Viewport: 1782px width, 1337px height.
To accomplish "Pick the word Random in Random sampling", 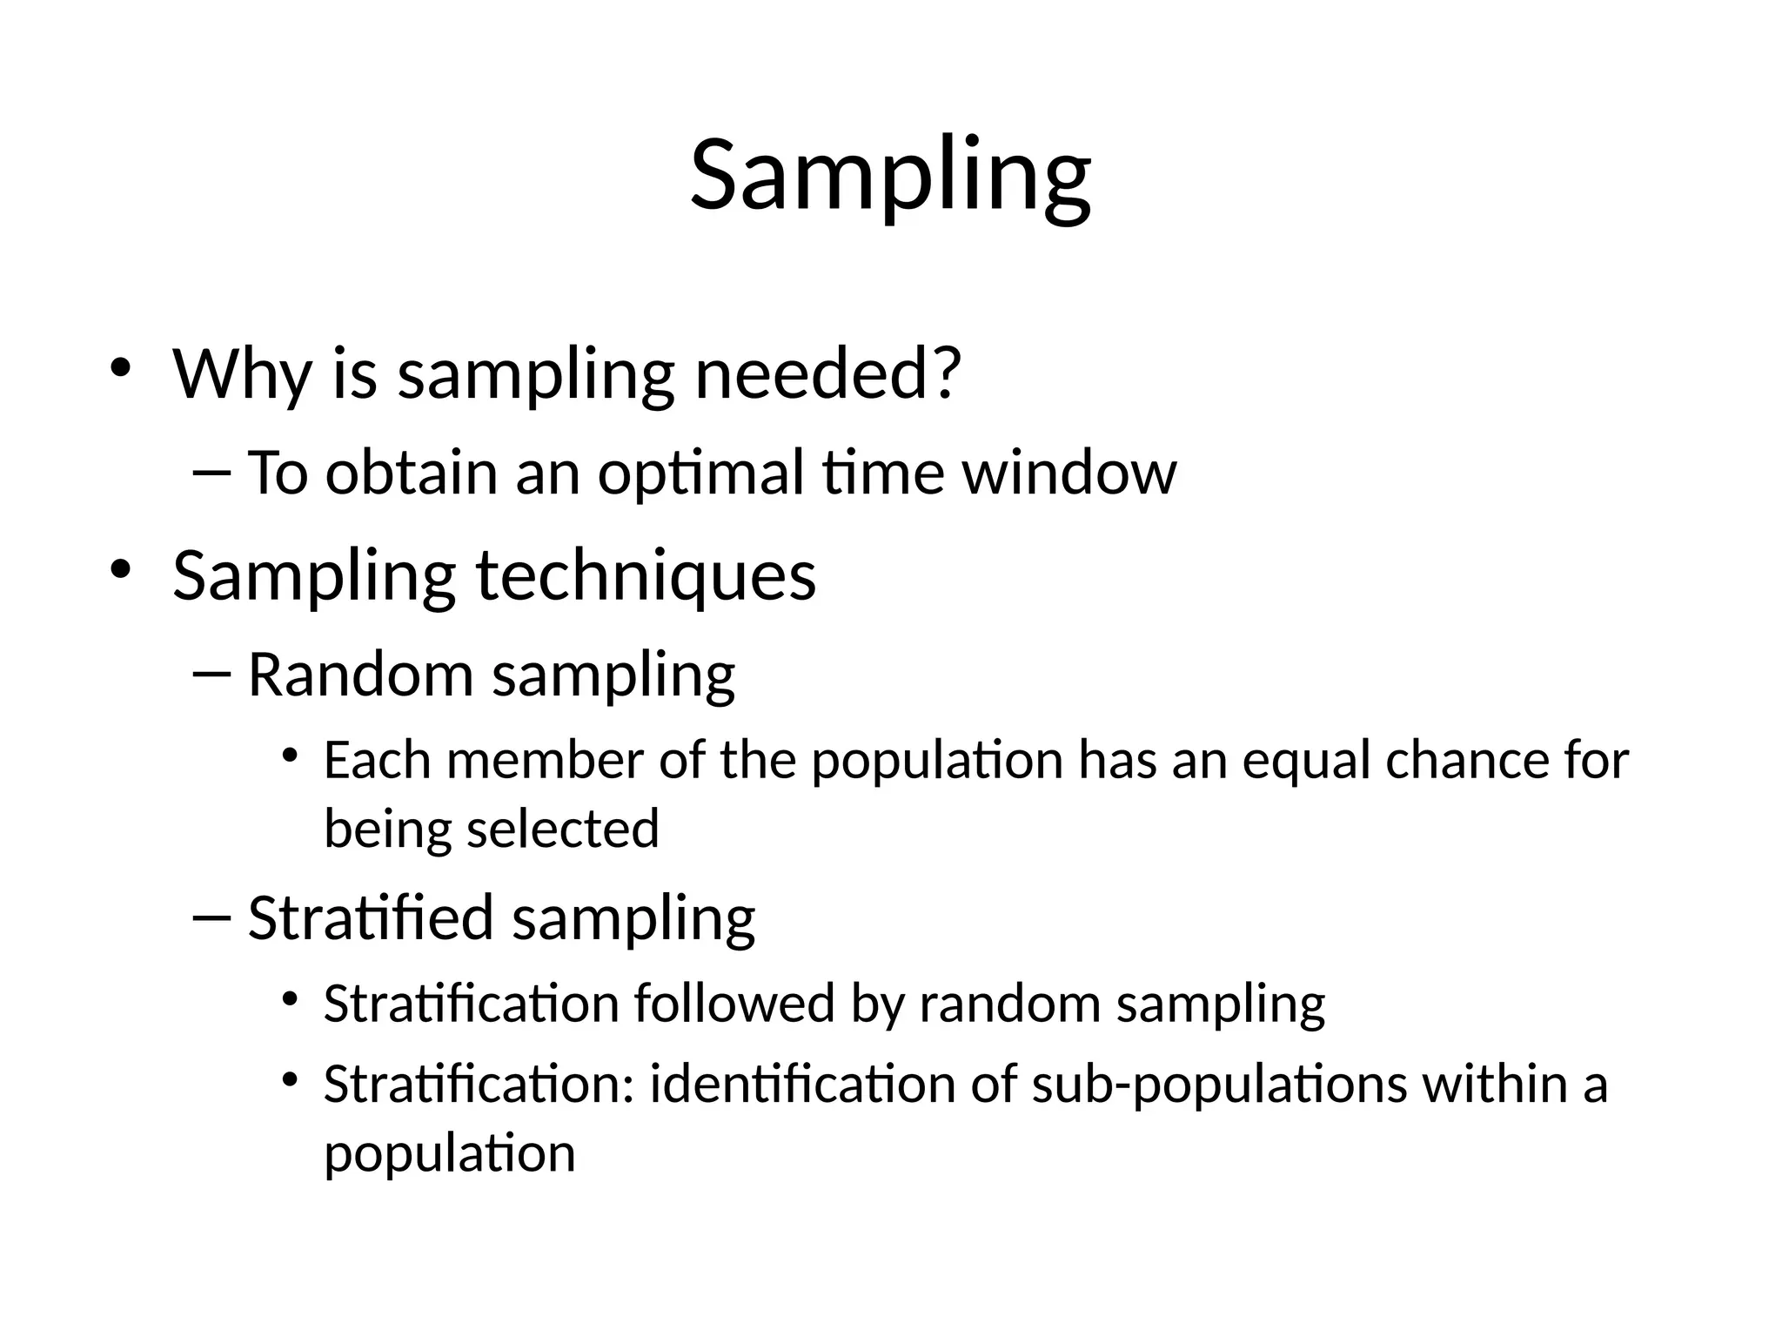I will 359,675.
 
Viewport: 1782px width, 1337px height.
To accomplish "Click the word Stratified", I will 371,917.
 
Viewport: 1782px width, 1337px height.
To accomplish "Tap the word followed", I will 734,1004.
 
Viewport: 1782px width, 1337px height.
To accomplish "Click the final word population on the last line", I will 449,1154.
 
